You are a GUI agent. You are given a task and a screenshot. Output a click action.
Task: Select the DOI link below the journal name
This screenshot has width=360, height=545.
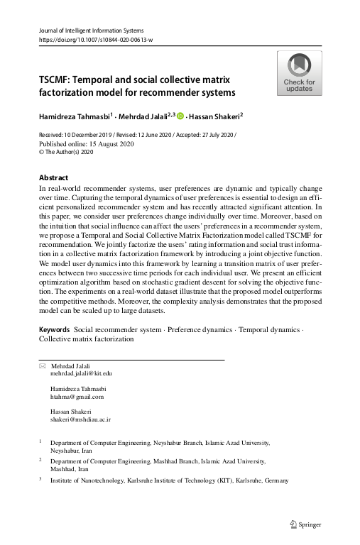(x=94, y=40)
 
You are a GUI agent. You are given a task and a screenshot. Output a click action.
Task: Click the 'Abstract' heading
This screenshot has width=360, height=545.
(x=54, y=177)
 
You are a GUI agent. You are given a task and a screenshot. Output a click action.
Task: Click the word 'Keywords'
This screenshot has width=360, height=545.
(x=54, y=331)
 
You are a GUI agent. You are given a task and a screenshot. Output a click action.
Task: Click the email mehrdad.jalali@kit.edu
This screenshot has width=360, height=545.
(x=81, y=373)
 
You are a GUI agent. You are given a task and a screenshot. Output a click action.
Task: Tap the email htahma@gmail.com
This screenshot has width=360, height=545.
(x=77, y=397)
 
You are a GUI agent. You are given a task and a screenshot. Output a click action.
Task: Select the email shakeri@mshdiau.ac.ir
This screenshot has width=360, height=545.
(x=80, y=420)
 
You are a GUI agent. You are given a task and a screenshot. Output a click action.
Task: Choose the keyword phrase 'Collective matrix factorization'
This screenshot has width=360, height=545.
(x=87, y=340)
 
